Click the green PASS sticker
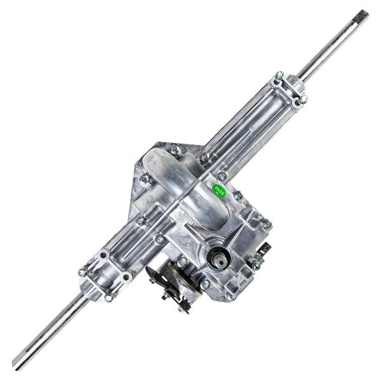(219, 189)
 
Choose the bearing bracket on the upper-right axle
(290, 90)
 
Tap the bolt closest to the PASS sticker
(237, 196)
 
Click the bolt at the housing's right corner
(267, 224)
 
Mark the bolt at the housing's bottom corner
(231, 295)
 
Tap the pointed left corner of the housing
(136, 166)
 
